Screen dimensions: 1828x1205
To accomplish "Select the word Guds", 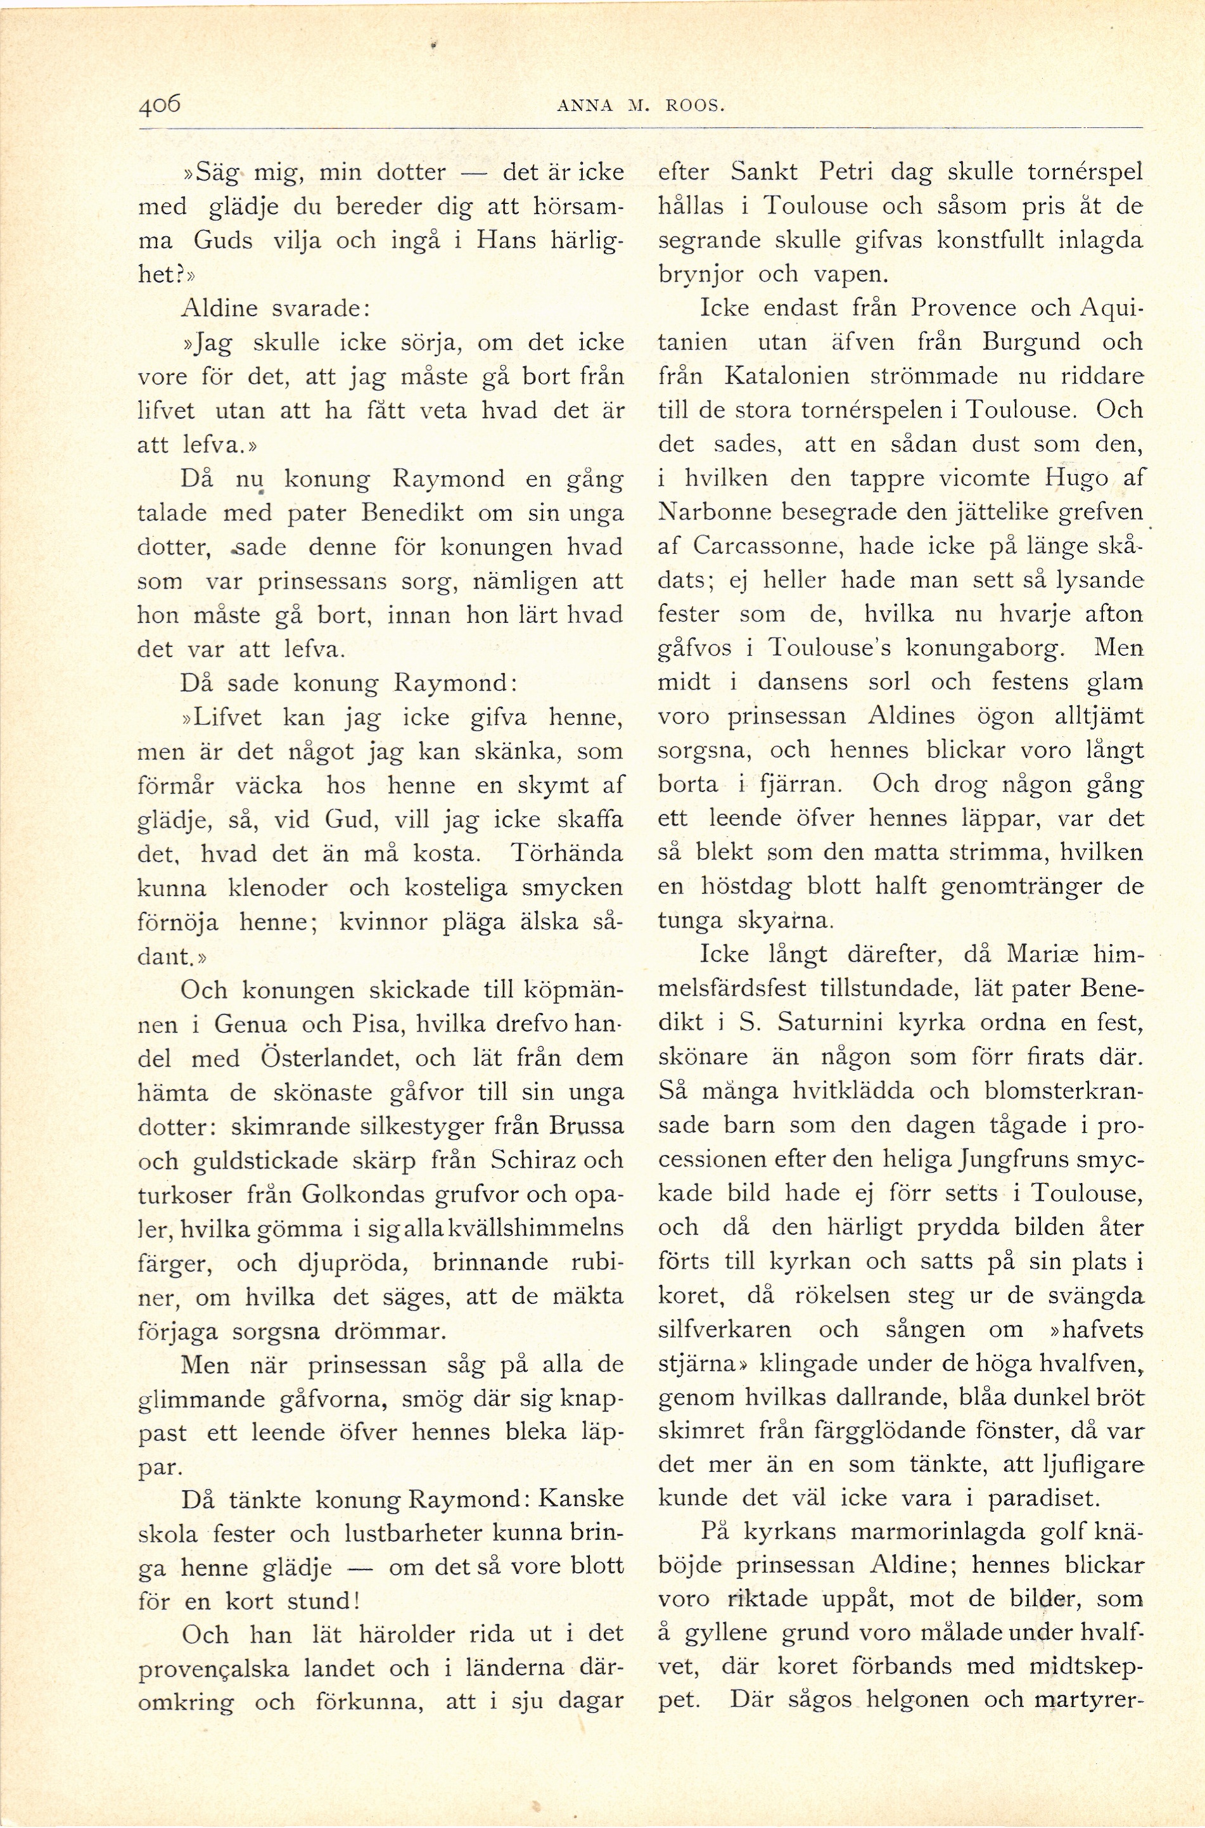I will click(x=223, y=241).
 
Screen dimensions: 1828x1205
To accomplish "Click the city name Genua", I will click(x=250, y=1025).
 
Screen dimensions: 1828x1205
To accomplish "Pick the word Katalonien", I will click(x=787, y=376).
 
